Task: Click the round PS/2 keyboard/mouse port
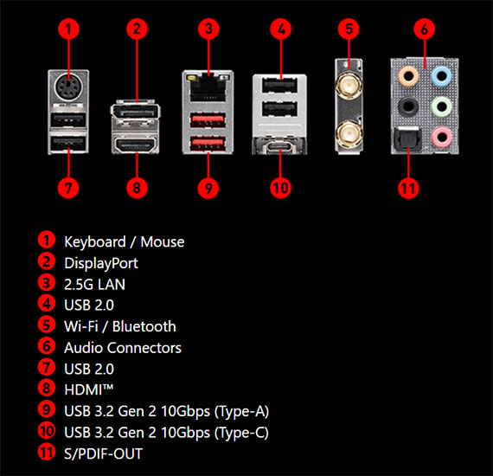pyautogui.click(x=68, y=87)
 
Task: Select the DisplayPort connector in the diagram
pyautogui.click(x=136, y=112)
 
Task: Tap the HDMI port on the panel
pyautogui.click(x=136, y=145)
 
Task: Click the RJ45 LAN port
pyautogui.click(x=208, y=87)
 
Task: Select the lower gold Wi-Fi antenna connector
pyautogui.click(x=349, y=135)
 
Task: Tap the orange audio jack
pyautogui.click(x=408, y=76)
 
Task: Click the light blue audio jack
pyautogui.click(x=441, y=76)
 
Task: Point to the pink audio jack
pyautogui.click(x=441, y=137)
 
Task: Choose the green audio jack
pyautogui.click(x=441, y=106)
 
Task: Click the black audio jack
pyautogui.click(x=408, y=106)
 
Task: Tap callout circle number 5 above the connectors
pyautogui.click(x=349, y=29)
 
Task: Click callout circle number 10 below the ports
pyautogui.click(x=281, y=188)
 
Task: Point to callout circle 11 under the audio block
pyautogui.click(x=408, y=188)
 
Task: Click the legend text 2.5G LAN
pyautogui.click(x=94, y=285)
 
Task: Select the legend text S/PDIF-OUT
pyautogui.click(x=103, y=453)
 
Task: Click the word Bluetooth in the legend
pyautogui.click(x=144, y=326)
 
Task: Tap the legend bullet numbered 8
pyautogui.click(x=47, y=388)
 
